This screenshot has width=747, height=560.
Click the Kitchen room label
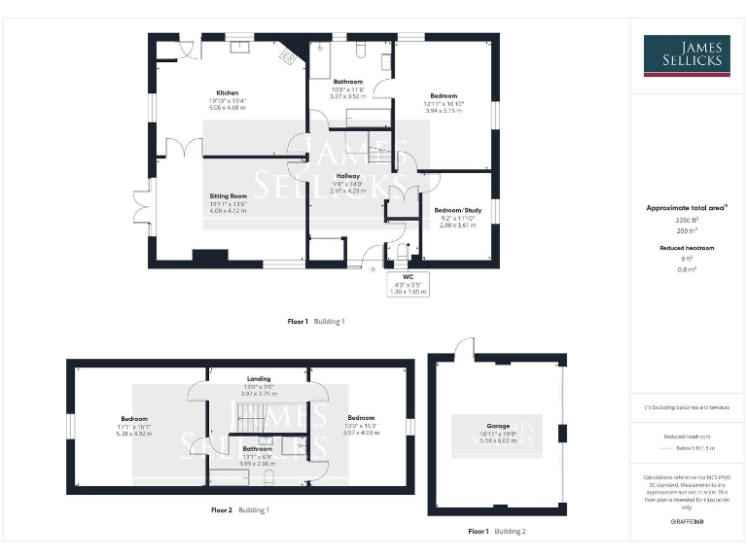pyautogui.click(x=229, y=93)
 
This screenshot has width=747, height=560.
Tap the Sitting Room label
pyautogui.click(x=229, y=195)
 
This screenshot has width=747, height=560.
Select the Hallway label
pyautogui.click(x=348, y=176)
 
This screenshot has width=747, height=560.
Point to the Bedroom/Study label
pyautogui.click(x=458, y=210)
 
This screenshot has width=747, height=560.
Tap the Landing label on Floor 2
pyautogui.click(x=259, y=378)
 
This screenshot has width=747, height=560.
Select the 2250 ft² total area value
pyautogui.click(x=687, y=221)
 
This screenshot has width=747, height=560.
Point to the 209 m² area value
pyautogui.click(x=687, y=231)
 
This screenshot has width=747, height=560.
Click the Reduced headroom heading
pyautogui.click(x=687, y=248)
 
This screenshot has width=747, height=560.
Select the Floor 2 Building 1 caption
pyautogui.click(x=240, y=509)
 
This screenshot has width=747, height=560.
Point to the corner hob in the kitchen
pyautogui.click(x=289, y=56)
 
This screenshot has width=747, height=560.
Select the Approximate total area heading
pyautogui.click(x=687, y=207)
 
